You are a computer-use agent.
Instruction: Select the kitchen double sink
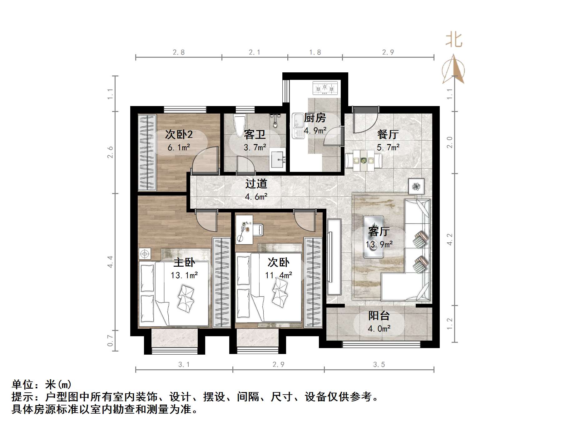coord(298,126)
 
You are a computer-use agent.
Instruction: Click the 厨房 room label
coord(315,118)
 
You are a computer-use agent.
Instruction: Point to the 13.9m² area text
coord(379,245)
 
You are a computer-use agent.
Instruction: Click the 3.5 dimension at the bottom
coord(379,365)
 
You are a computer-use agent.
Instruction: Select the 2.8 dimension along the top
coord(179,52)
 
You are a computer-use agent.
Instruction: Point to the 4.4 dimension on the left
coord(110,262)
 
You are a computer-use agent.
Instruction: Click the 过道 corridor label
coord(256,184)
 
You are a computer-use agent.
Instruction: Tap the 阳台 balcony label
coord(379,316)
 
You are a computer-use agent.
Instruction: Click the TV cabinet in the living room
coord(334,257)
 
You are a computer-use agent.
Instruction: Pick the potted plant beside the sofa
coord(416,187)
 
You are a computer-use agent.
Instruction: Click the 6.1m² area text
coord(179,147)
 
